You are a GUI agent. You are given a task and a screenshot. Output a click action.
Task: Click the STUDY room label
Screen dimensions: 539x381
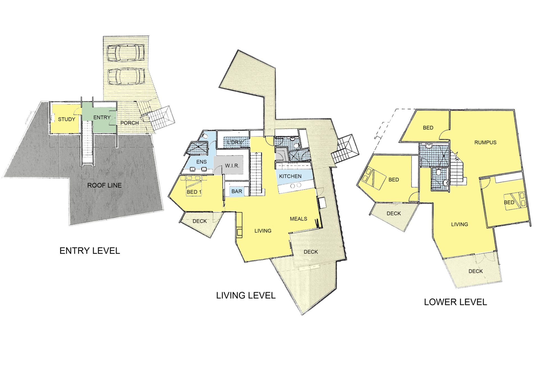click(67, 119)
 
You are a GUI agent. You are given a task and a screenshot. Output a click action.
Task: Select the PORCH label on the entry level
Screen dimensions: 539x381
click(129, 123)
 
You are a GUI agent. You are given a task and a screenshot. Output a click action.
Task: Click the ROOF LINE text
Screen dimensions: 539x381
click(104, 185)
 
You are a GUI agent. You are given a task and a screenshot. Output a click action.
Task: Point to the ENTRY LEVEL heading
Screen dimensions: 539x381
click(90, 251)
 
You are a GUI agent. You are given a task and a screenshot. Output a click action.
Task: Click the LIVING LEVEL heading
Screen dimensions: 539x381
click(246, 295)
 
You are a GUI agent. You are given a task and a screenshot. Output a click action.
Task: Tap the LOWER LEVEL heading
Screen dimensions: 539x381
click(455, 302)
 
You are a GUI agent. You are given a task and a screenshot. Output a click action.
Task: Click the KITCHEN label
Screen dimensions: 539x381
click(290, 176)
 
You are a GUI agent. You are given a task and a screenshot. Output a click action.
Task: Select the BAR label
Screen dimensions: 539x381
click(237, 191)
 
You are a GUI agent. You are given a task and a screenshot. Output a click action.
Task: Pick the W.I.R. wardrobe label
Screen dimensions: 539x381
click(232, 166)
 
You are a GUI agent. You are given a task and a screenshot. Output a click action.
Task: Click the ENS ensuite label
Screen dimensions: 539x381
click(201, 162)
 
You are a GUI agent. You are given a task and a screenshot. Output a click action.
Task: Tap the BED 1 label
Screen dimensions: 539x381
click(194, 192)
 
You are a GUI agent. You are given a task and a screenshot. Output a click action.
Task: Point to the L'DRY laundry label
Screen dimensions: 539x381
click(235, 142)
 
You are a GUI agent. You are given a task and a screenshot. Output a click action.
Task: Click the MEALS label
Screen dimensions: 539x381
click(298, 219)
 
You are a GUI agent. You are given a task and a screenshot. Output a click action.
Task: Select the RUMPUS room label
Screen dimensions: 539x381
click(485, 142)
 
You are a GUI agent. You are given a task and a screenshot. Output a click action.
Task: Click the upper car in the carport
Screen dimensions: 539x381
click(127, 52)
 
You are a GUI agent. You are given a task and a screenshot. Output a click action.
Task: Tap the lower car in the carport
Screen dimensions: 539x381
click(127, 76)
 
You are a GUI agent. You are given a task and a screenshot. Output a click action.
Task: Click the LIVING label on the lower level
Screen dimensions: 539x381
click(460, 224)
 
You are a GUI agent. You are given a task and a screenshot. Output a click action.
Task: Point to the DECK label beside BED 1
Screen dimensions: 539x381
click(200, 221)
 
